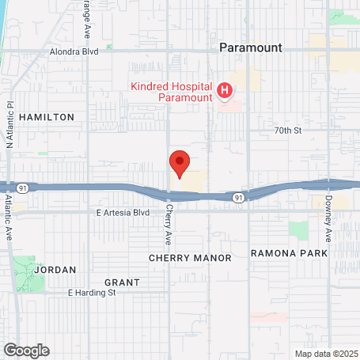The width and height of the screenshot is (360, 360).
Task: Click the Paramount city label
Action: pyautogui.click(x=249, y=47)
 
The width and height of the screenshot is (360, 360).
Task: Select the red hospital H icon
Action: pyautogui.click(x=225, y=91)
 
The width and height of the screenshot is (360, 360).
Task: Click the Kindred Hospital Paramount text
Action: pyautogui.click(x=173, y=91)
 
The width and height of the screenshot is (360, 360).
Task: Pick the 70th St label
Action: pyautogui.click(x=288, y=130)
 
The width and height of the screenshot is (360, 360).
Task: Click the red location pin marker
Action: pyautogui.click(x=180, y=163)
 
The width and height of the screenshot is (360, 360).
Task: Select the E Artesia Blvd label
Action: pyautogui.click(x=123, y=213)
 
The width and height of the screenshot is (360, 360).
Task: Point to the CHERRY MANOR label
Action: pyautogui.click(x=190, y=258)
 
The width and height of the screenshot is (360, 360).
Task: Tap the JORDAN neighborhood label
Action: pyautogui.click(x=55, y=270)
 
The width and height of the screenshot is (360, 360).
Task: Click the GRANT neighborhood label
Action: pyautogui.click(x=122, y=282)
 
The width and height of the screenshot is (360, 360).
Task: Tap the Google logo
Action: pyautogui.click(x=26, y=350)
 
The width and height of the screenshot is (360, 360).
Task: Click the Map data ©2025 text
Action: pyautogui.click(x=327, y=354)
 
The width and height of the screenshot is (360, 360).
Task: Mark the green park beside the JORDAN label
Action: pyautogui.click(x=27, y=272)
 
